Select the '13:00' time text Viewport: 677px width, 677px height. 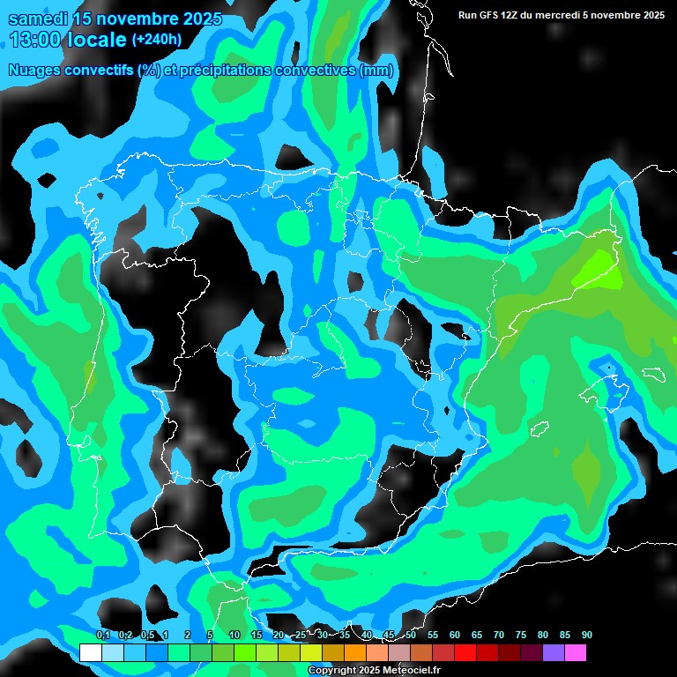34,40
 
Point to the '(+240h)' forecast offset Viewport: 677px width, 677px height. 156,40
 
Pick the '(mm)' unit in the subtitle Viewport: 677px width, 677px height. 376,71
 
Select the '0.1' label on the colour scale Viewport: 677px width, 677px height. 102,635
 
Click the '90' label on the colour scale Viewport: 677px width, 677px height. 586,635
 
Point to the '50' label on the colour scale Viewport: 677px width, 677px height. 410,635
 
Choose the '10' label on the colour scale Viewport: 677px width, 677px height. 234,635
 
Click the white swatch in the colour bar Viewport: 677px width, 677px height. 90,653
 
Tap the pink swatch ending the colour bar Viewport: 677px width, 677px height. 575,653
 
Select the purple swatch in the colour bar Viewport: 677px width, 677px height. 553,653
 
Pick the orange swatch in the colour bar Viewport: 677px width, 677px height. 354,653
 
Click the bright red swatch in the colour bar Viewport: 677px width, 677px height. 465,653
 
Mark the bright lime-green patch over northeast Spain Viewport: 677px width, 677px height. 598,268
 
